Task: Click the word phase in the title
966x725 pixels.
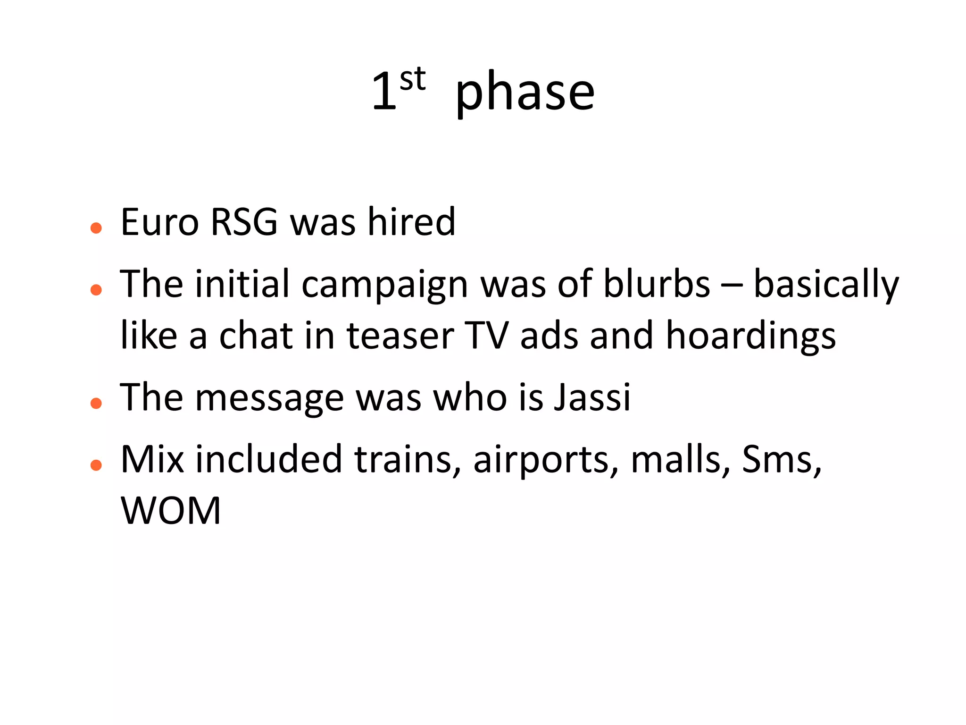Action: (525, 92)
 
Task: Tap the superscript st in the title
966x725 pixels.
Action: (412, 79)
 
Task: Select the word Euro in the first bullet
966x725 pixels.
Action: (159, 222)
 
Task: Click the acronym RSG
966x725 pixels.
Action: (244, 222)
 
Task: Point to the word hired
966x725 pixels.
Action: (411, 222)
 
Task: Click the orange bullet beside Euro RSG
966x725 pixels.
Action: (96, 228)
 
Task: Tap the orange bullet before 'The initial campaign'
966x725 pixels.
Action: (96, 289)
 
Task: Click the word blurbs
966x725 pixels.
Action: (657, 284)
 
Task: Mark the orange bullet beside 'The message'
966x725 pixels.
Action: (96, 403)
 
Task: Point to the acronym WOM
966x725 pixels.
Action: (171, 511)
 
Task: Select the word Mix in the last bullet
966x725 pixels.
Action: (152, 459)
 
